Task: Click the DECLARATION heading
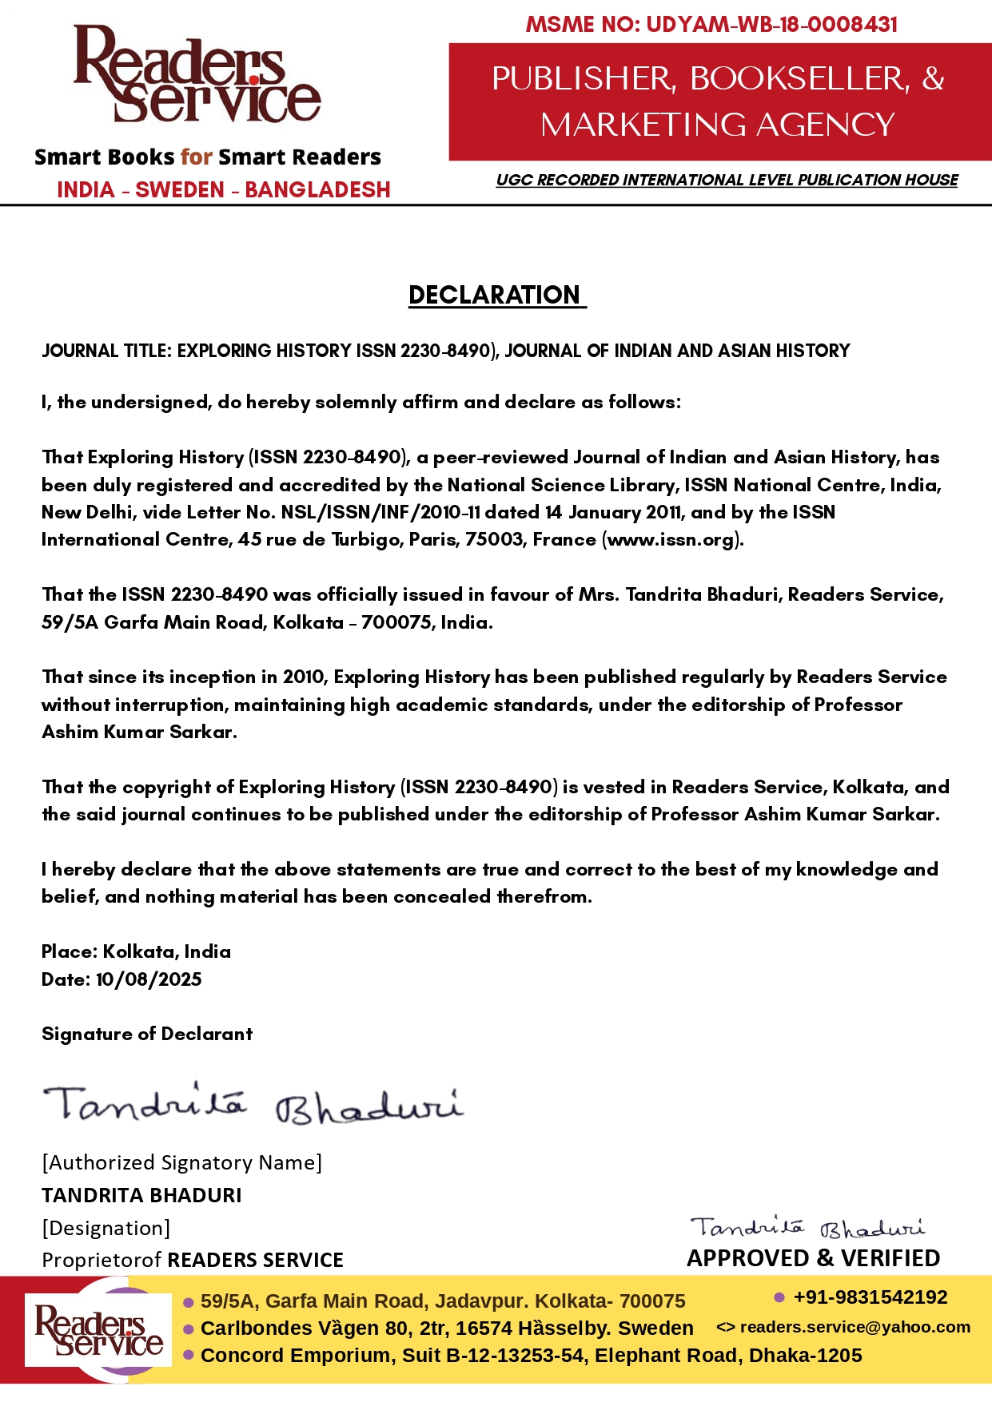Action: coord(496,295)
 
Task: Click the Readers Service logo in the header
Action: coord(197,74)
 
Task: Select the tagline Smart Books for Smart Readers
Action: coord(208,157)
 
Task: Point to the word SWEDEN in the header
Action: coord(180,190)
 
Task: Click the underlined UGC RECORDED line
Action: coord(727,180)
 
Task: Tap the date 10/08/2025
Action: coord(149,979)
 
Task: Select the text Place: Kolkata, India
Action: coord(136,951)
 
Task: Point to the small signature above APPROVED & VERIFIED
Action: coord(807,1227)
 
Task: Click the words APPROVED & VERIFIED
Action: coord(813,1258)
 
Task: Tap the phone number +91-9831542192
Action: coord(870,1297)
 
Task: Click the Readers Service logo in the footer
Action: coord(98,1330)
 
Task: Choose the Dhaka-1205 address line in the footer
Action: coord(531,1356)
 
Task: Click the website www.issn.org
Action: coord(671,539)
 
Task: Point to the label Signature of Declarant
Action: coord(147,1034)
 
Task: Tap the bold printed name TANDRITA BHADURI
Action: coord(141,1195)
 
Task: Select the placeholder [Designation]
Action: coord(106,1228)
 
